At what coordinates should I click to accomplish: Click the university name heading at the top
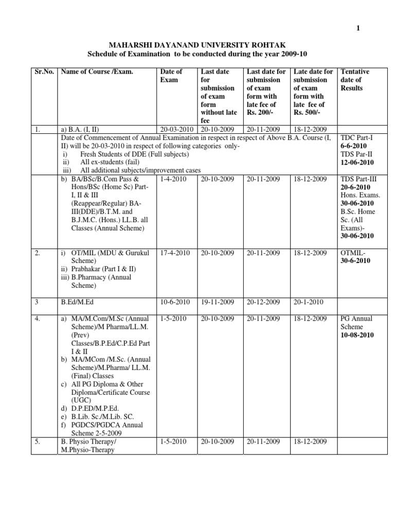[197, 44]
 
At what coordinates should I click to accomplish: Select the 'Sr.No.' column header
[44, 72]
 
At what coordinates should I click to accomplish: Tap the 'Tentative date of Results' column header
[354, 80]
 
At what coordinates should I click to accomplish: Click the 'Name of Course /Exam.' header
[97, 72]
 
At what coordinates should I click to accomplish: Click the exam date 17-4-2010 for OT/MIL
[175, 253]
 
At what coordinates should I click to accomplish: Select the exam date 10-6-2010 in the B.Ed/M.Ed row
[175, 302]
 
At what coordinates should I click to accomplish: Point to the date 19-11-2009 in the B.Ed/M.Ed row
[217, 302]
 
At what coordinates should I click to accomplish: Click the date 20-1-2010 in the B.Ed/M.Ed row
[307, 302]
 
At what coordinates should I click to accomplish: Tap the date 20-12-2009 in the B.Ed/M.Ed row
[263, 302]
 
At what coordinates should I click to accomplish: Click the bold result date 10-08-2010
[357, 335]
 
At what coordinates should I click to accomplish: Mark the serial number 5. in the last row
[38, 442]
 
